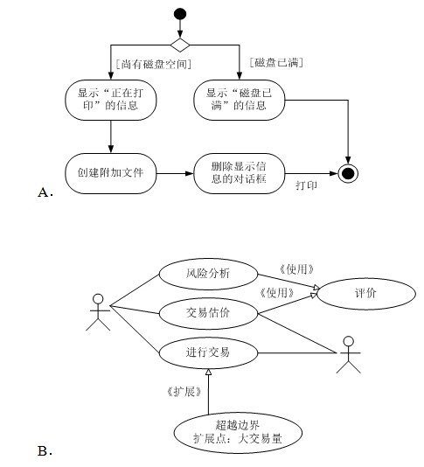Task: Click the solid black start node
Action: coord(180,14)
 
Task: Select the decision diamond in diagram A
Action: coord(180,45)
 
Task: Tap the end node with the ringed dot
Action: coord(348,173)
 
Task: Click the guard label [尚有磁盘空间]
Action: coord(154,64)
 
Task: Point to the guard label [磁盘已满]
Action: coord(276,63)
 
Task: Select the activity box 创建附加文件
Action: coord(111,173)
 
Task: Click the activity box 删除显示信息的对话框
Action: coord(239,173)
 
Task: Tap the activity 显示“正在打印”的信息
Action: coord(111,100)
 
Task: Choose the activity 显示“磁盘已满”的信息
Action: coord(239,100)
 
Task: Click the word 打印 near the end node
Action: coord(306,185)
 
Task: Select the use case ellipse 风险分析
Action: coord(208,274)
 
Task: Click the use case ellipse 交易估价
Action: coord(208,313)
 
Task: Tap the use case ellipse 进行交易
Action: coord(208,353)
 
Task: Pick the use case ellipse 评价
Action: coord(366,294)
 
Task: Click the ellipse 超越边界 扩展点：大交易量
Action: coord(238,433)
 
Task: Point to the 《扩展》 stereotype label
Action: coord(184,392)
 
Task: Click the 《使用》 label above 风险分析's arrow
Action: coord(296,269)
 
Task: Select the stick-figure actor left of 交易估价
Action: coord(98,312)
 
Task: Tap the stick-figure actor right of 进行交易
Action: coord(348,354)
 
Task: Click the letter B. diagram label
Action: coord(45,451)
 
